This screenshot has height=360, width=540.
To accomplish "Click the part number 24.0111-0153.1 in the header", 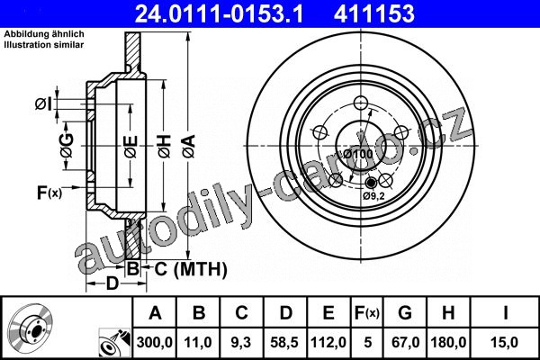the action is pos(220,13).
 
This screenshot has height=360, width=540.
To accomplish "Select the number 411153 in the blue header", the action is pos(374,13).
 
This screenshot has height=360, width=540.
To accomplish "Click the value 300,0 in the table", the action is pos(154,342).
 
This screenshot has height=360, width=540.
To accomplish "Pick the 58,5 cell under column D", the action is pos(284,342).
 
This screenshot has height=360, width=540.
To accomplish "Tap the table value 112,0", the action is pos(328,342).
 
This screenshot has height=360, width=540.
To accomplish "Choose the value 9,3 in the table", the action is pos(241,342).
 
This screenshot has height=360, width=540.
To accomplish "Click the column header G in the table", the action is pos(405,313).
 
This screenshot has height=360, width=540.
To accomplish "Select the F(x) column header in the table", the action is pos(367,313).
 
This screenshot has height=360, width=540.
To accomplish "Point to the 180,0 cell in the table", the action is pos(448,342).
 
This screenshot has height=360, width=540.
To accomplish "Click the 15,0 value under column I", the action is pos(506,342).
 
